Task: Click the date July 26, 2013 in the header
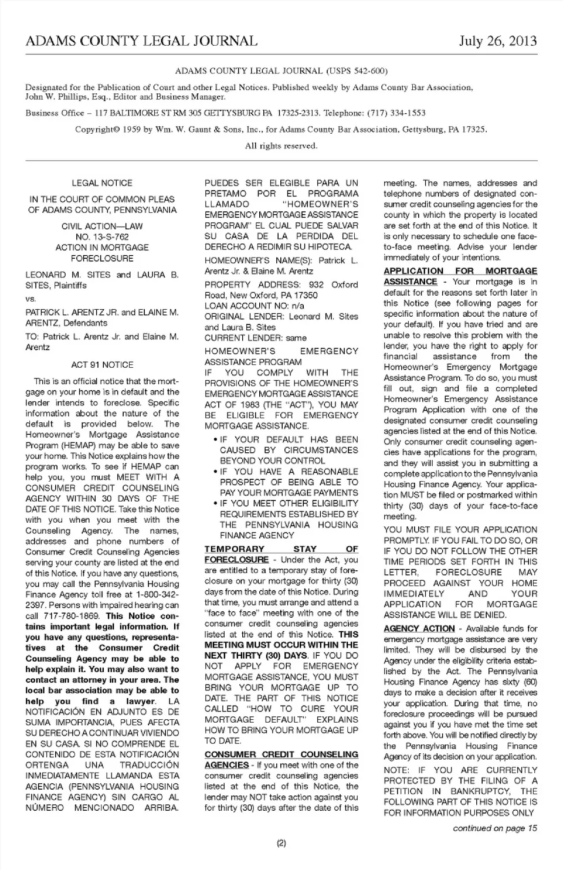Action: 497,40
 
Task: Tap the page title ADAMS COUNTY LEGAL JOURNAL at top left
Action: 141,41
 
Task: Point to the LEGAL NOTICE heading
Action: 102,183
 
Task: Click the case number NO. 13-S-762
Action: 102,237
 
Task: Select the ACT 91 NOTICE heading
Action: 102,365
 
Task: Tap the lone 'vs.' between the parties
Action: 30,299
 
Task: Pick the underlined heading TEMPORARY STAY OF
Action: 281,549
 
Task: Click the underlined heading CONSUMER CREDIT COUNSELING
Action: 281,754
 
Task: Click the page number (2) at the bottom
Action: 281,844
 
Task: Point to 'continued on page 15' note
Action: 494,828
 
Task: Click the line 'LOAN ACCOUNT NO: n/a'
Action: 255,306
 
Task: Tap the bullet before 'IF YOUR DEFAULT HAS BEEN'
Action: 216,440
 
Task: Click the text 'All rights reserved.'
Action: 281,145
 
